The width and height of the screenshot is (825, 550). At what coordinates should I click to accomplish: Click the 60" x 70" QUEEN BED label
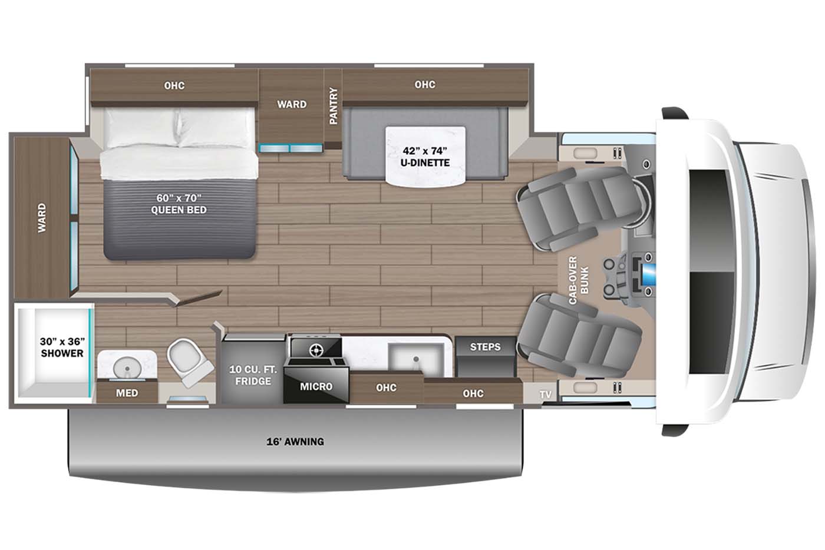click(179, 204)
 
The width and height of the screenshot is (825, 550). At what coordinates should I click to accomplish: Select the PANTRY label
click(334, 106)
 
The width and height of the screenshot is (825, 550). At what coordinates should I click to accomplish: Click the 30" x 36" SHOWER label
click(62, 347)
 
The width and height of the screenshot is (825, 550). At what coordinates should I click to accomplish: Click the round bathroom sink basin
click(126, 367)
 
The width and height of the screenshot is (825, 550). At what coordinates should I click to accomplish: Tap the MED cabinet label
click(127, 393)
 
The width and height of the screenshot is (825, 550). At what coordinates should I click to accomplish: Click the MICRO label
click(316, 386)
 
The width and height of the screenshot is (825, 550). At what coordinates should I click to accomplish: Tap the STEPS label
click(485, 347)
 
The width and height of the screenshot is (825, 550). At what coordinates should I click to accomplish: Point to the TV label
click(546, 395)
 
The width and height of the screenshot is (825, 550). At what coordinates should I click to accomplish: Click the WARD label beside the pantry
click(292, 104)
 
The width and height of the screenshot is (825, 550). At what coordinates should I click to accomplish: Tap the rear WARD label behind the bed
click(42, 218)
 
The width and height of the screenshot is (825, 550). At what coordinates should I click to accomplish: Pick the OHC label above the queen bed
click(174, 85)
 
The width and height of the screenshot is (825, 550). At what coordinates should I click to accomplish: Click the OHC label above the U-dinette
click(424, 85)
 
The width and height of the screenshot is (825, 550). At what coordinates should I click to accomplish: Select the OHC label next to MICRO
click(386, 387)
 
